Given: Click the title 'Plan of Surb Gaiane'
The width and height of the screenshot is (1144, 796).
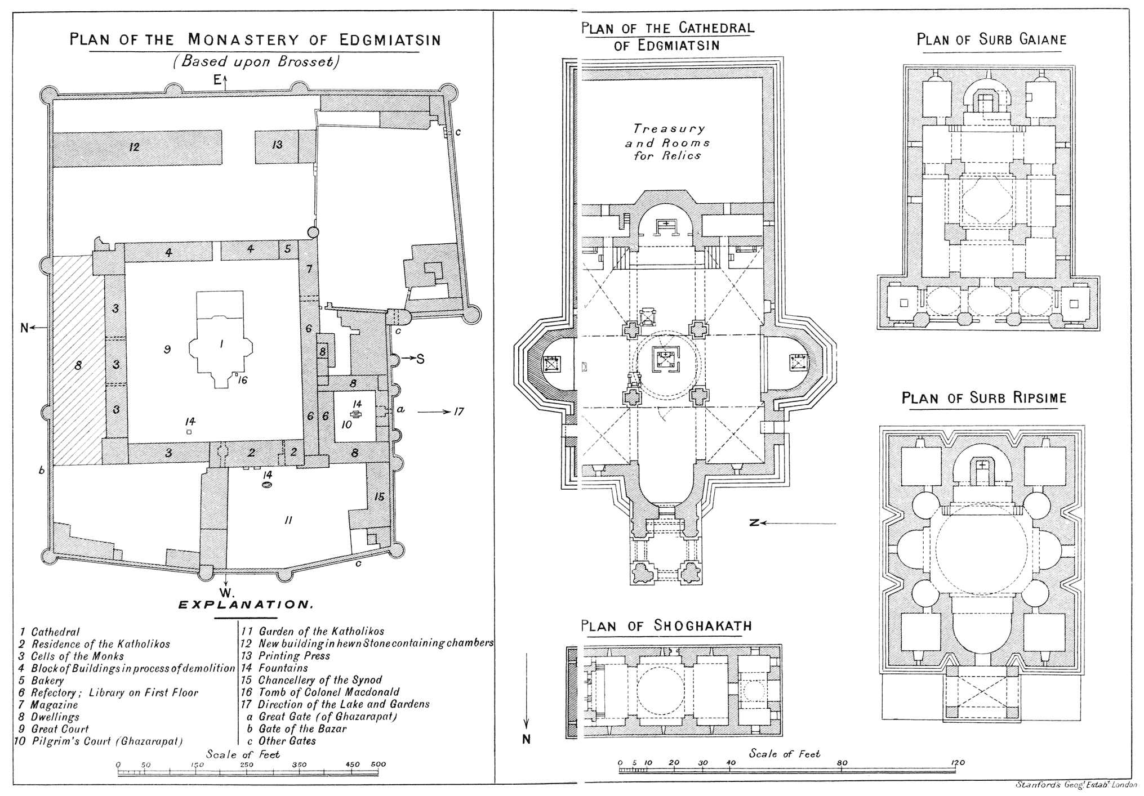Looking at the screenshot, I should pyautogui.click(x=991, y=39).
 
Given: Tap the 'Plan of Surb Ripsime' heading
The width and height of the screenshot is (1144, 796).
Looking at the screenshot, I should pyautogui.click(x=983, y=398).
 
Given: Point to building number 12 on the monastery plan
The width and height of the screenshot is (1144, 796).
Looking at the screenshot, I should pyautogui.click(x=134, y=147).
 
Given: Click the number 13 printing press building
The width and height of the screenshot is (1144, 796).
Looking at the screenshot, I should pyautogui.click(x=277, y=145).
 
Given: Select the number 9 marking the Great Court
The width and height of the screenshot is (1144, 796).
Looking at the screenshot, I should pyautogui.click(x=167, y=350).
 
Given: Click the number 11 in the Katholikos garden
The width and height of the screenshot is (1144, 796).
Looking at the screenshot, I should pyautogui.click(x=288, y=520).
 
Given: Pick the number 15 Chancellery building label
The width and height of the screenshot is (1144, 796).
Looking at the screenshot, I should pyautogui.click(x=379, y=497).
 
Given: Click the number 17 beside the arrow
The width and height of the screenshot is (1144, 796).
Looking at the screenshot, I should pyautogui.click(x=459, y=412).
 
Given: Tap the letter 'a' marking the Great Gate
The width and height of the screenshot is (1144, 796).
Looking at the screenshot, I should pyautogui.click(x=400, y=409).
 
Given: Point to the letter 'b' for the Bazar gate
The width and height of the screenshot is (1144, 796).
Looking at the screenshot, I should pyautogui.click(x=42, y=470).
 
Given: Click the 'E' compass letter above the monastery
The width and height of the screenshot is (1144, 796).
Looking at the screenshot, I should pyautogui.click(x=217, y=81).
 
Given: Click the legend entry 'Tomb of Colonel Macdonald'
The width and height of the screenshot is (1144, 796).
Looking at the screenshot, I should pyautogui.click(x=321, y=692).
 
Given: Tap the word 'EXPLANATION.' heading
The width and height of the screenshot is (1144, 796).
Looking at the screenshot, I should pyautogui.click(x=245, y=605).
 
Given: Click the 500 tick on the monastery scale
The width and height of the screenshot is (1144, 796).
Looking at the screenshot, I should pyautogui.click(x=378, y=764).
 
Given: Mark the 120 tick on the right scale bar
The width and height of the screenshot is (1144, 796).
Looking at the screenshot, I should pyautogui.click(x=958, y=763).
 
